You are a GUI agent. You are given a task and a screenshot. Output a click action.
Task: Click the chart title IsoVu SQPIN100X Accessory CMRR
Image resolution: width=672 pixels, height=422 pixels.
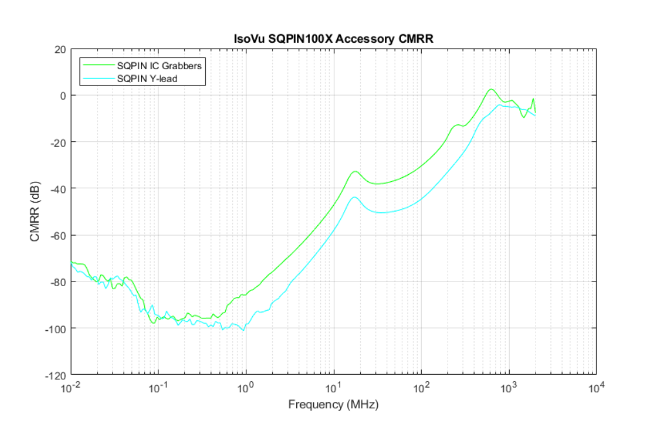pos(332,39)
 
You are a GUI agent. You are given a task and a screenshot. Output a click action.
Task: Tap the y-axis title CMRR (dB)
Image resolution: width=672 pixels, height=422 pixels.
pos(34,212)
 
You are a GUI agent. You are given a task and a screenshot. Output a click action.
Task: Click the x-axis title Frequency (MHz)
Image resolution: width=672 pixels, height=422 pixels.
pos(333,405)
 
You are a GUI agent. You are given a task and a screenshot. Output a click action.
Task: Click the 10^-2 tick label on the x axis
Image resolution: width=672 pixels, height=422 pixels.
pos(71,386)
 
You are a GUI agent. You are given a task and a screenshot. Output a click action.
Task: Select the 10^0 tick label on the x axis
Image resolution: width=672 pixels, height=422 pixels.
pos(246,386)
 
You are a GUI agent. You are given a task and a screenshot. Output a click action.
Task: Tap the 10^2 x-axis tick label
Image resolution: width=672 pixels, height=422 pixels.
pos(422,386)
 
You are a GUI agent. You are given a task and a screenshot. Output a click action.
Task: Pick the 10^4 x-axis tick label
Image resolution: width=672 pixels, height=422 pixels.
pos(597,386)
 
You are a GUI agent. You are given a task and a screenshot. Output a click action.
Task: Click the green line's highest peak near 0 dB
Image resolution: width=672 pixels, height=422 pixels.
pos(491,89)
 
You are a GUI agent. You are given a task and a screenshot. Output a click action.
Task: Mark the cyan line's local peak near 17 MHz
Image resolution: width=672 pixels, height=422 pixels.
pos(354,197)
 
